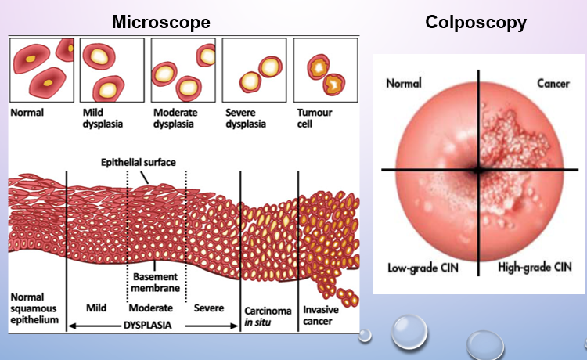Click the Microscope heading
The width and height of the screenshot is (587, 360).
pos(161,23)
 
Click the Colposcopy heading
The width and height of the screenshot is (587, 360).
pos(476,23)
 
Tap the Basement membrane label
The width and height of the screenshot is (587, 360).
pos(155,282)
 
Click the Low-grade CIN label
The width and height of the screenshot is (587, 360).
pos(423,268)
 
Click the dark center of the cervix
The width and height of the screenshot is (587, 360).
pos(478,169)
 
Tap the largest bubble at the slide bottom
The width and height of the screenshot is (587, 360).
pos(410,332)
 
